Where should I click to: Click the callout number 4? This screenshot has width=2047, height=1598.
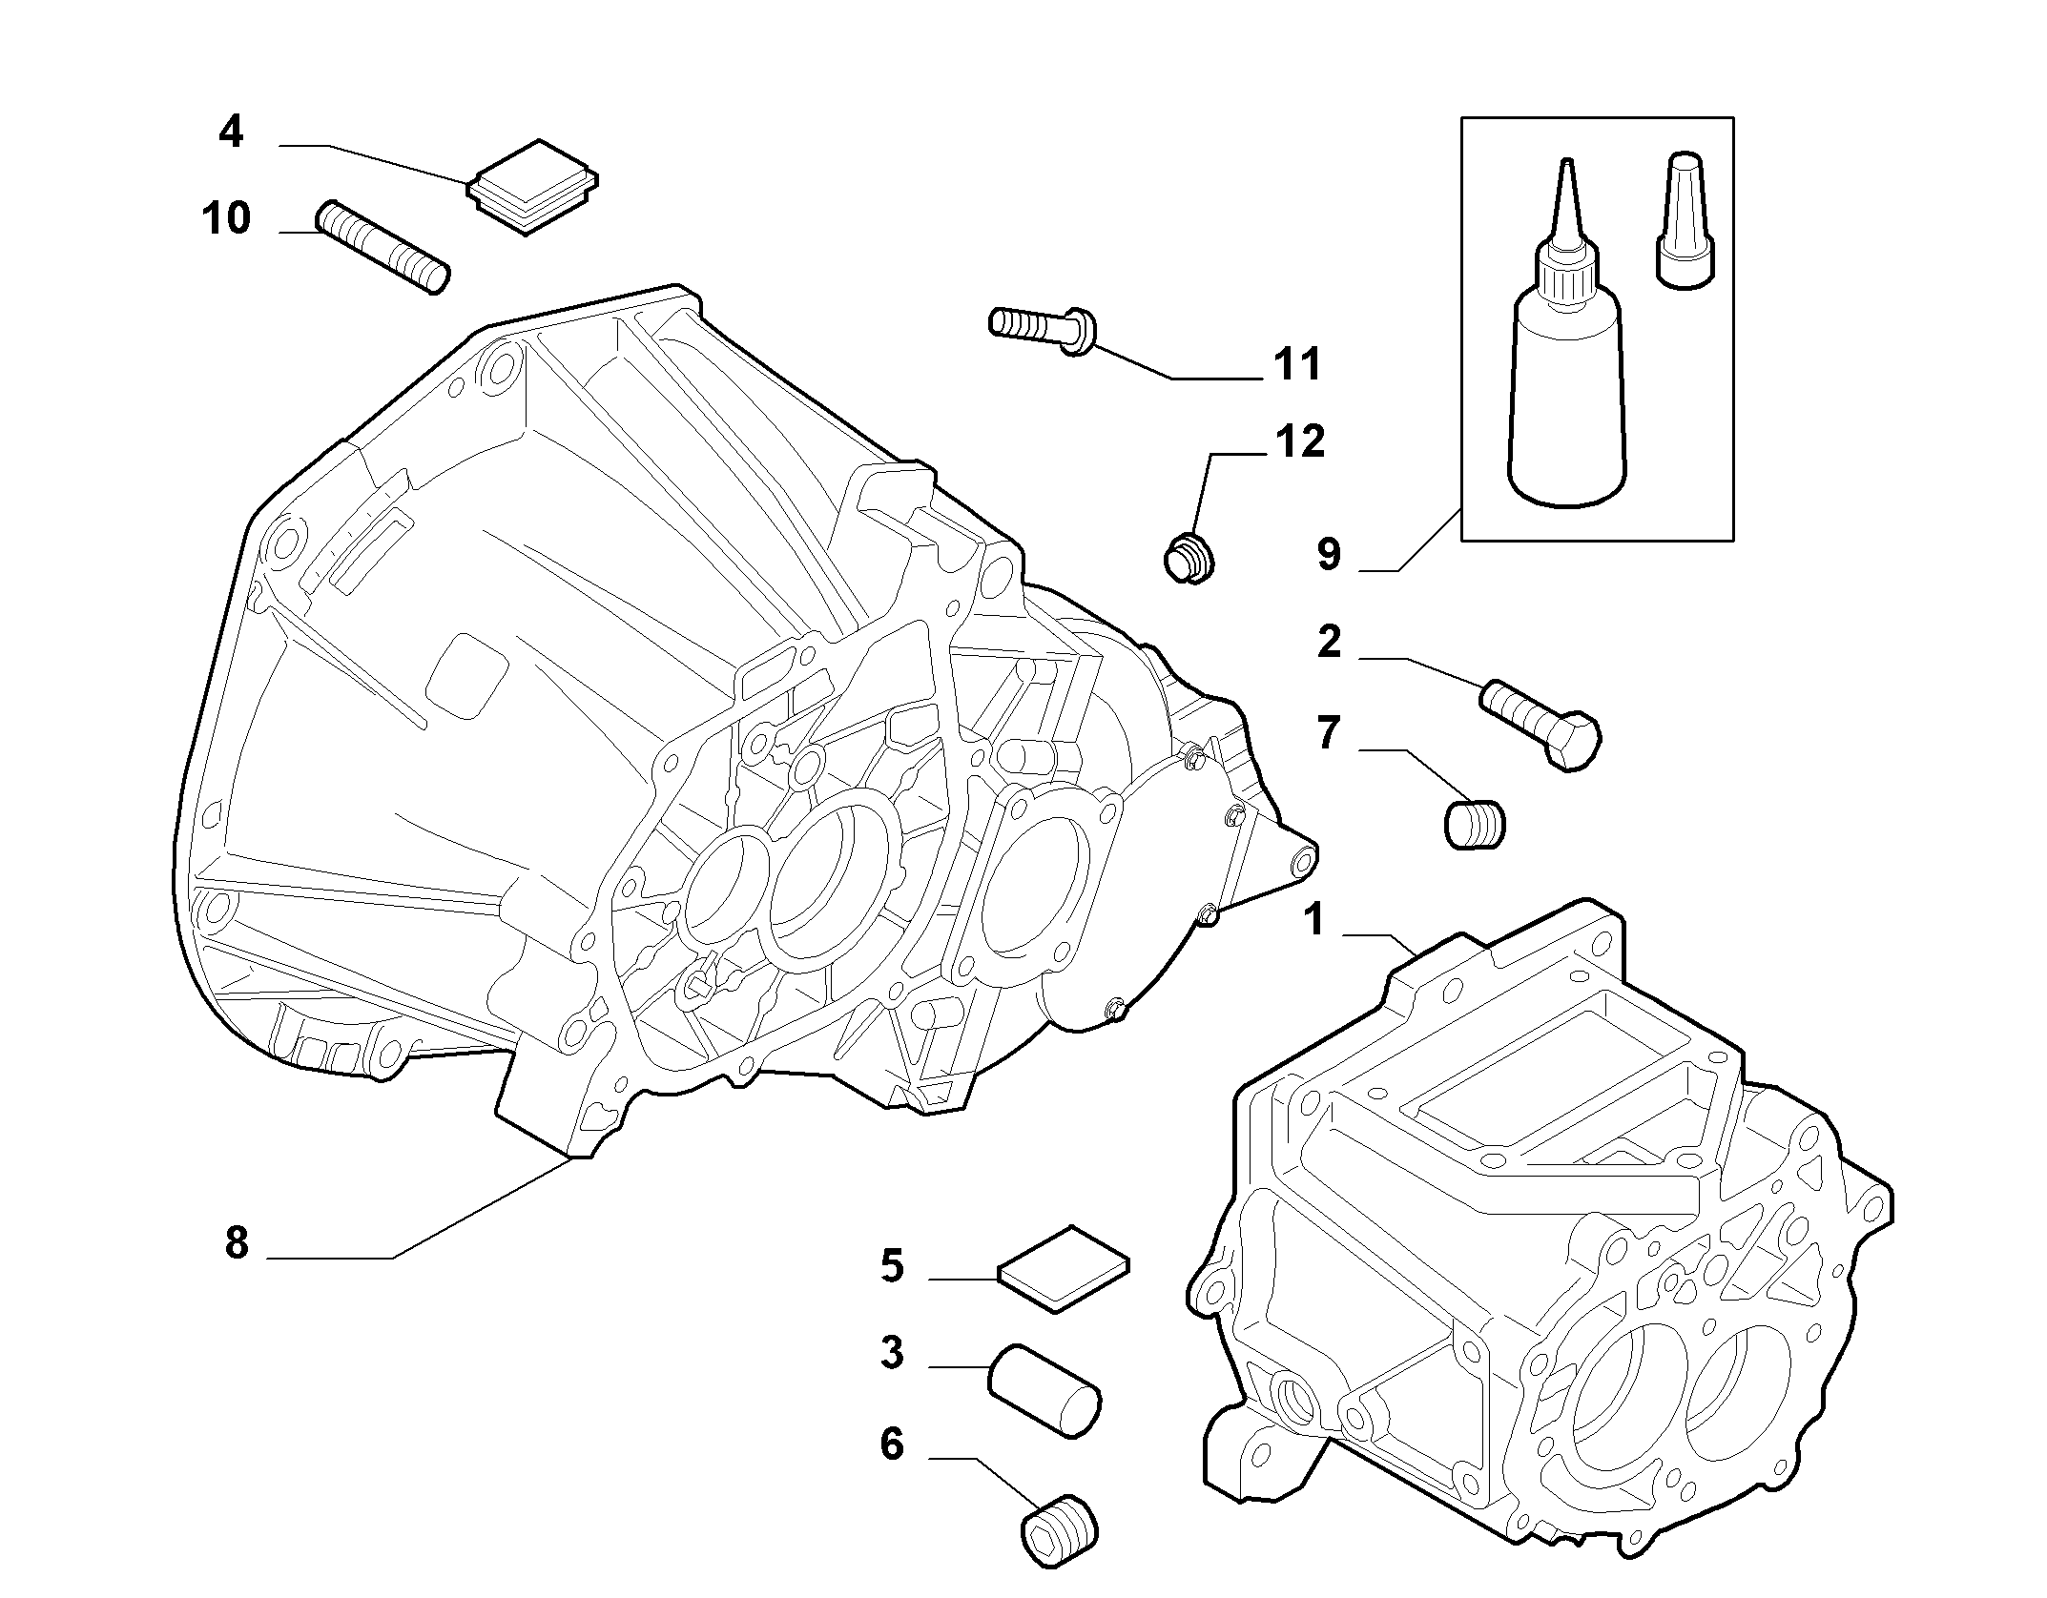pos(231,132)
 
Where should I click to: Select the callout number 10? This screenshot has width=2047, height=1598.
pos(226,218)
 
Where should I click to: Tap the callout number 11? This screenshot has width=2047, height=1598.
pos(1297,364)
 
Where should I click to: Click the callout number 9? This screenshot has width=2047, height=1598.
pos(1329,554)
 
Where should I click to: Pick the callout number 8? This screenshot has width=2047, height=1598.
pos(237,1243)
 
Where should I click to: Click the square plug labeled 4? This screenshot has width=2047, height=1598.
pos(532,187)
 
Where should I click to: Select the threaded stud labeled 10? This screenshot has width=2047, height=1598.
pos(383,247)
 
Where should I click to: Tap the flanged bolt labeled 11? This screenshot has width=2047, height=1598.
pos(1042,332)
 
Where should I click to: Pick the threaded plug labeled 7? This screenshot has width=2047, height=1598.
pos(1475,824)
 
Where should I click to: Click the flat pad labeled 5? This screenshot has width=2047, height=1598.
pos(1063,1268)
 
